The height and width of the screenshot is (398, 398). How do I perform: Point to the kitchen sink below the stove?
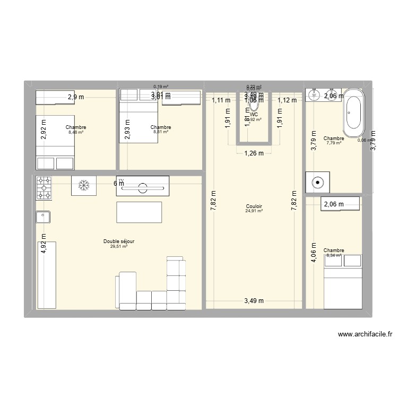42,217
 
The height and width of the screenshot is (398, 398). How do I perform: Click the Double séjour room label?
119,241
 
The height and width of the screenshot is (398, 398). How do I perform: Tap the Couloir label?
254,206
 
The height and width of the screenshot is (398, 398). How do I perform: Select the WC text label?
254,114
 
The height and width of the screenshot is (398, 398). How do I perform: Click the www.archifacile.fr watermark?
365,335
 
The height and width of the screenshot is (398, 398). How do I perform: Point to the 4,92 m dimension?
44,245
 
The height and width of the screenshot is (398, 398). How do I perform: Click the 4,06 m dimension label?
314,256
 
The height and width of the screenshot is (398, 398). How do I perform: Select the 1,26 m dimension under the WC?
254,154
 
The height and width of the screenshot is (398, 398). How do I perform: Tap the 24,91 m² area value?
254,211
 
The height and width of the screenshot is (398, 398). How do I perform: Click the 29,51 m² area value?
119,246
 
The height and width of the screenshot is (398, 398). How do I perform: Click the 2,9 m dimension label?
76,97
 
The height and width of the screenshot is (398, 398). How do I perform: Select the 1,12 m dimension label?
287,100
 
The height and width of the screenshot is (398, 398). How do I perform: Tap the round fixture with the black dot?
317,182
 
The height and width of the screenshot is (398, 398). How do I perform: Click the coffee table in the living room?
139,212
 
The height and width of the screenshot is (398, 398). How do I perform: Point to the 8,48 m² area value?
76,132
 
